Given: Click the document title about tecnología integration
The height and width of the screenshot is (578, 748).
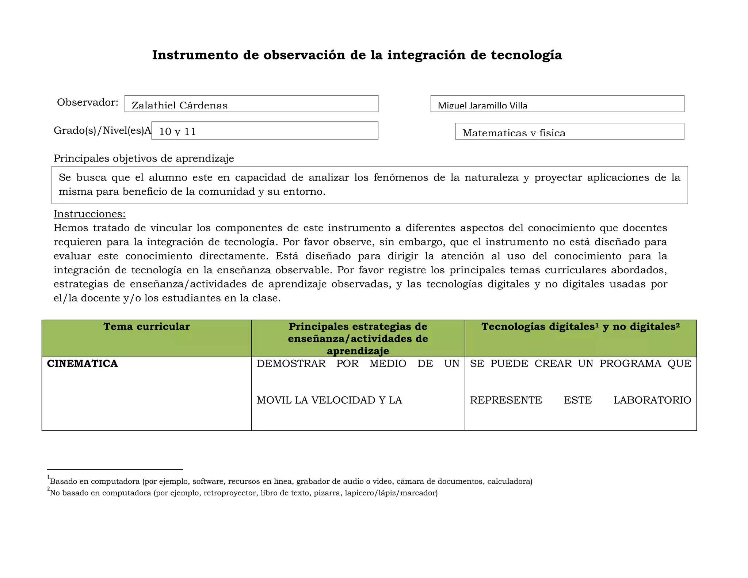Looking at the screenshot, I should point(357,55).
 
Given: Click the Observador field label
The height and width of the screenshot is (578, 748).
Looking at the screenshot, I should point(88,102).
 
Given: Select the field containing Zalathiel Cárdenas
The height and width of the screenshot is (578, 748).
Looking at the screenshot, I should point(251,104).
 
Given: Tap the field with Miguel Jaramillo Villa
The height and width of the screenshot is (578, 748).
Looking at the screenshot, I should point(557,104).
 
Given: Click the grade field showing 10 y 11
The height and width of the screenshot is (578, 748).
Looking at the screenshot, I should point(264,130).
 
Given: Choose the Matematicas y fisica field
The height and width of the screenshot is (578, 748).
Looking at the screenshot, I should point(569,131).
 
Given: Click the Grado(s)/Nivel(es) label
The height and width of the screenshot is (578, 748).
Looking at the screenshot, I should point(102,130).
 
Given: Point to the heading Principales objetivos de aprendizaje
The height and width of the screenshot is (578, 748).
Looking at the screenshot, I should point(144,159).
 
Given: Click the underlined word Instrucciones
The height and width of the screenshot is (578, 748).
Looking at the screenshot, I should point(89,214).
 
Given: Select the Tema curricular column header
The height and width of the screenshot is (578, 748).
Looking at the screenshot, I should point(146,327).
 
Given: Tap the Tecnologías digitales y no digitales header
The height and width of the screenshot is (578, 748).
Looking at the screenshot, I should point(580,327).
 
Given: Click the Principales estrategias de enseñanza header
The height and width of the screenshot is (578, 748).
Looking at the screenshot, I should point(358,338).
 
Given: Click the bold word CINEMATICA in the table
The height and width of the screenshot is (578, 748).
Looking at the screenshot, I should point(83,364).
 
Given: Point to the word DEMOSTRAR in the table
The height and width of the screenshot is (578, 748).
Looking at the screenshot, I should point(291,364).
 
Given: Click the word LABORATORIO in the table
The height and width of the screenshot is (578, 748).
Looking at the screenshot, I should point(652,400).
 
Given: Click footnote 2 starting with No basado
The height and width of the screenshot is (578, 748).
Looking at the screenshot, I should point(244,493).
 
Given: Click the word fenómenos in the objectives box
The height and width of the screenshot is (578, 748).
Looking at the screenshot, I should point(401,178).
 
